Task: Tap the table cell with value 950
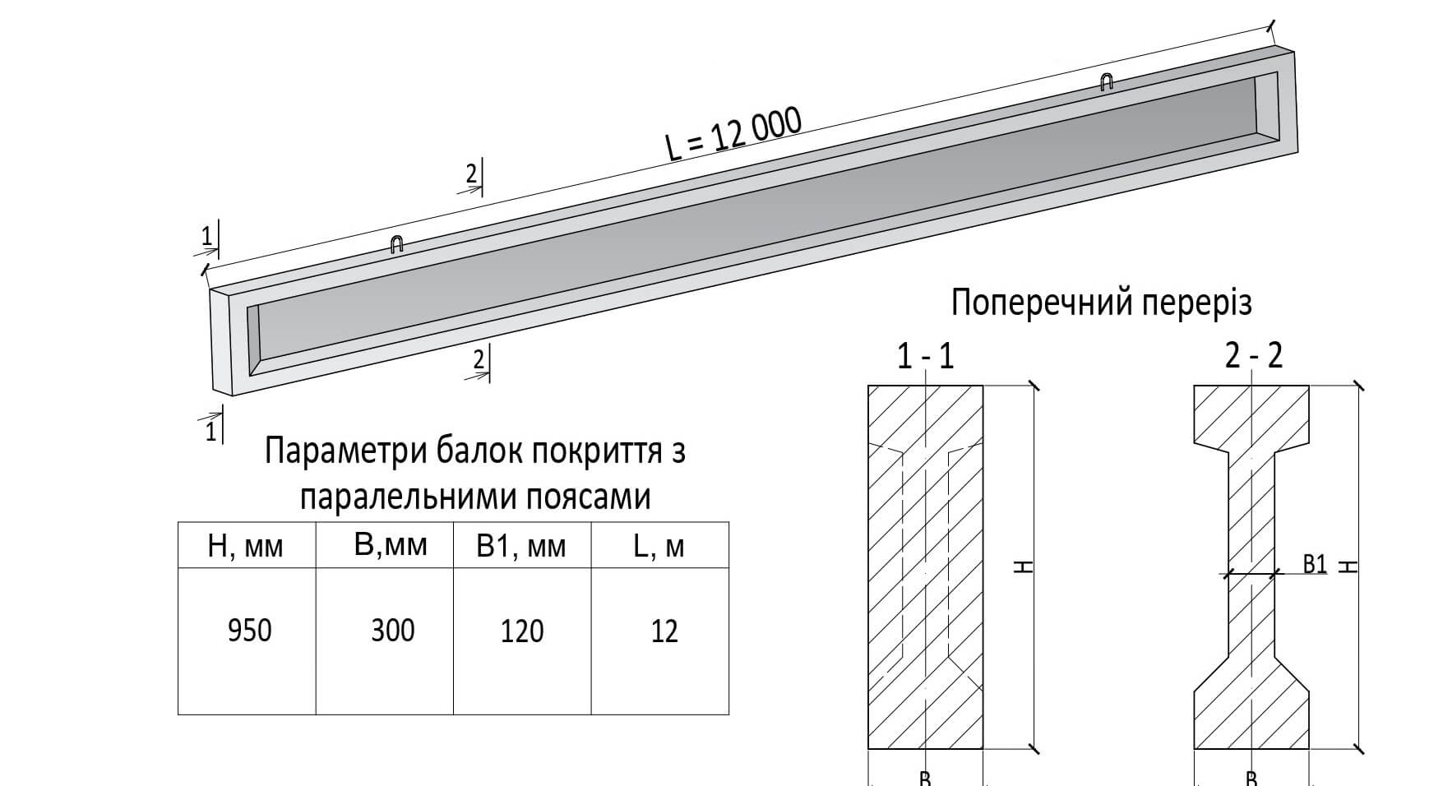coord(248,631)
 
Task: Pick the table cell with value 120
coord(522,631)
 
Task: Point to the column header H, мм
coord(245,547)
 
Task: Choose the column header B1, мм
coord(521,547)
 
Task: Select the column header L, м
coord(659,547)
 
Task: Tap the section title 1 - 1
coord(926,357)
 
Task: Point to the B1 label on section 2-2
coord(1316,564)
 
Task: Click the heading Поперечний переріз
coord(1101,303)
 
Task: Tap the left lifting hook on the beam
coord(396,244)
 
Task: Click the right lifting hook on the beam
coord(1107,81)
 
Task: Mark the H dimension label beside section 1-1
coord(1023,567)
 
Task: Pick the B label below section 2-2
coord(1251,778)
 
